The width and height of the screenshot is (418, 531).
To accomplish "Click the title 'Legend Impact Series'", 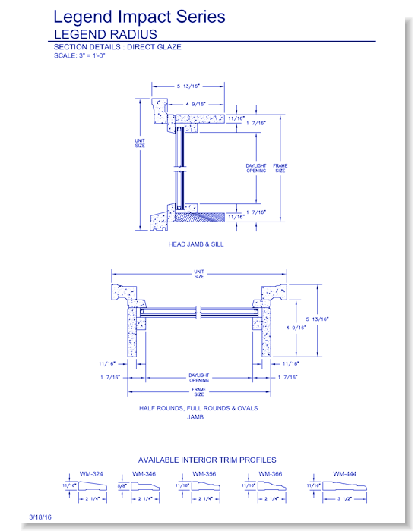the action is click(139, 17).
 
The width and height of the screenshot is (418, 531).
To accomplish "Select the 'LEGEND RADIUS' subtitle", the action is click(106, 34).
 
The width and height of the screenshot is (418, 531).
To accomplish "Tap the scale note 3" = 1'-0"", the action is click(92, 55).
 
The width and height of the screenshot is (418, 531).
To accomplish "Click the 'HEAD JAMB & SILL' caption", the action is click(196, 244).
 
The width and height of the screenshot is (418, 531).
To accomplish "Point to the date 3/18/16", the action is click(40, 517).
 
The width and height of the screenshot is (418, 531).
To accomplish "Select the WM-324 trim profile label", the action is click(91, 474).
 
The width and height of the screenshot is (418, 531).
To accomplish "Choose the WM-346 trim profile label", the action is click(144, 474).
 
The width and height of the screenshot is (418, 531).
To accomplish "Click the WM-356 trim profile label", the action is click(204, 474).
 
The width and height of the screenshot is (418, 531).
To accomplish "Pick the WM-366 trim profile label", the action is click(271, 474).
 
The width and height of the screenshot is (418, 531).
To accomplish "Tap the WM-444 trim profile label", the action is click(345, 474).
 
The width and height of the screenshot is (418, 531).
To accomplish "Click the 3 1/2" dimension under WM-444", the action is click(345, 499).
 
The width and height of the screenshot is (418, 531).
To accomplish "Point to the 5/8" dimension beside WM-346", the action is click(122, 486).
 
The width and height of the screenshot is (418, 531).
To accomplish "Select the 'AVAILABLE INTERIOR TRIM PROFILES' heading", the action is click(207, 460).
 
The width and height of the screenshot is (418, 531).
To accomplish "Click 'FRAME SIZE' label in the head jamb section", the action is click(280, 168).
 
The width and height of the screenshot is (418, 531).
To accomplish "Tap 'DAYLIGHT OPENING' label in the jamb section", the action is click(199, 378).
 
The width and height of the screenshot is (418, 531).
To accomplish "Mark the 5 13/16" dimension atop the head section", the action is click(188, 86).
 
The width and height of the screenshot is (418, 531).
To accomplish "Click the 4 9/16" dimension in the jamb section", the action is click(296, 328).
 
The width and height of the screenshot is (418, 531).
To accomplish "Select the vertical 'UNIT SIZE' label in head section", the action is click(140, 143).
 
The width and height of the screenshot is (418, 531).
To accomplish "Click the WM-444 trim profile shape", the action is click(344, 486).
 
